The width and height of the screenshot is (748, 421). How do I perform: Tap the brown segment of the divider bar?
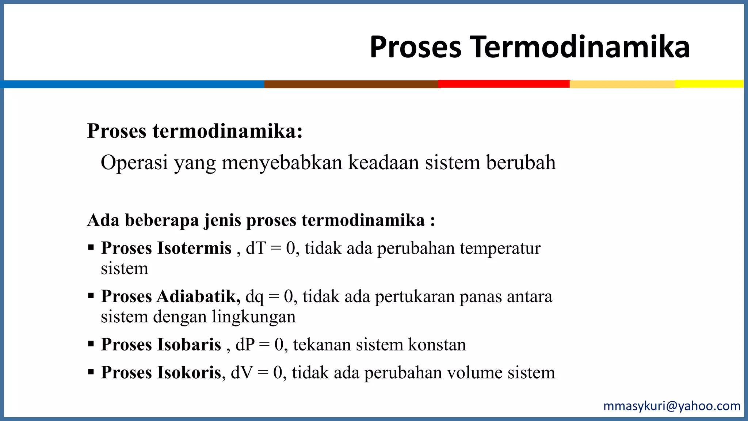coord(351,84)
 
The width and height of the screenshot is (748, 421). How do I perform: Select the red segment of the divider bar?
coord(504,84)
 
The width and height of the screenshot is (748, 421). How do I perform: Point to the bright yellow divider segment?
coord(709,84)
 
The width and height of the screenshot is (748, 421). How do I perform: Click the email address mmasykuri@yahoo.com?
coord(672,406)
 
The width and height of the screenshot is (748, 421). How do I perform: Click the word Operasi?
coord(134,163)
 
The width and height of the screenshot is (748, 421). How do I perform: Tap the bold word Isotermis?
coord(194,248)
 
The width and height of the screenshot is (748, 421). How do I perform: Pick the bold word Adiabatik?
coord(198,296)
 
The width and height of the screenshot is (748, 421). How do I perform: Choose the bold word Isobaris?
coord(189,345)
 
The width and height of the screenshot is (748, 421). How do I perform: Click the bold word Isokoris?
coord(190,373)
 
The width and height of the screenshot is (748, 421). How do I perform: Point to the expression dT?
coord(256,248)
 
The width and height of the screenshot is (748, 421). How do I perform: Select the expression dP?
coord(245,345)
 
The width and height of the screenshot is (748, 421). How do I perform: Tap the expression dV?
coord(242,373)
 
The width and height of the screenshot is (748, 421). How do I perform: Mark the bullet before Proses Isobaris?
coord(91,344)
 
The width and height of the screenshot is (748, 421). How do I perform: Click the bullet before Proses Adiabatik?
coord(91,296)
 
